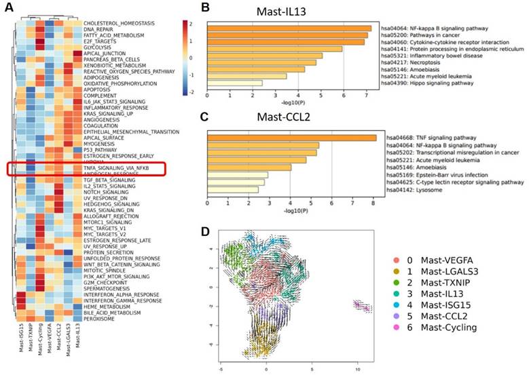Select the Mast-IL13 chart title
[288, 12]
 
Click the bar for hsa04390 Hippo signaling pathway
[234, 83]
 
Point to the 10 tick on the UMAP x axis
[357, 370]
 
